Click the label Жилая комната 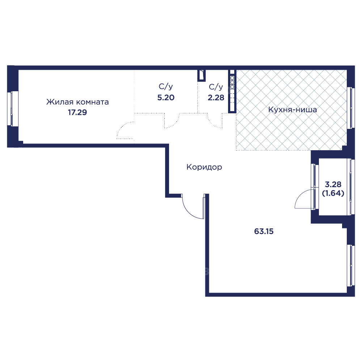pyautogui.click(x=77, y=102)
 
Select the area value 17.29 pyautogui.click(x=77, y=112)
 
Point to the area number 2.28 pyautogui.click(x=216, y=97)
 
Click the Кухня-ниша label pyautogui.click(x=292, y=109)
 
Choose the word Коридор pyautogui.click(x=204, y=167)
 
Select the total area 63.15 pyautogui.click(x=264, y=231)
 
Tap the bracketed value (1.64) pyautogui.click(x=333, y=193)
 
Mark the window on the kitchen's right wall pyautogui.click(x=350, y=108)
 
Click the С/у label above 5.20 pyautogui.click(x=166, y=87)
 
